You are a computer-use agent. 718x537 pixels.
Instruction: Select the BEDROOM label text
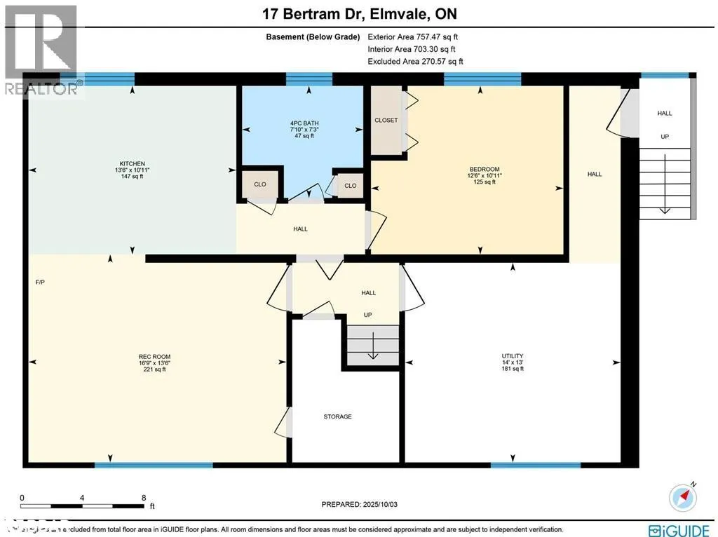point(484,169)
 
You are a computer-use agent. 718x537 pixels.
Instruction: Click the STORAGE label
point(337,416)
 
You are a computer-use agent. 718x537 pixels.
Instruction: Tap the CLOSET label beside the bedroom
point(386,120)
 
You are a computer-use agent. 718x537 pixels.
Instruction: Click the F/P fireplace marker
point(40,283)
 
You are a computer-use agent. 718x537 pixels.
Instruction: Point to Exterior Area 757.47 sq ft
point(414,37)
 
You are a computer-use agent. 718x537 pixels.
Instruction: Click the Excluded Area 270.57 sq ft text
point(415,62)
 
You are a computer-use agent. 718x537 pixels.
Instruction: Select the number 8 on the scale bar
point(143,498)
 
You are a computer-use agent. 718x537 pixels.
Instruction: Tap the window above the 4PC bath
point(309,79)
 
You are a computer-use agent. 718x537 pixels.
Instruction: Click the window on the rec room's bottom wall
point(154,465)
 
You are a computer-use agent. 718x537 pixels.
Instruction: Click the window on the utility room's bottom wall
point(536,465)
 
